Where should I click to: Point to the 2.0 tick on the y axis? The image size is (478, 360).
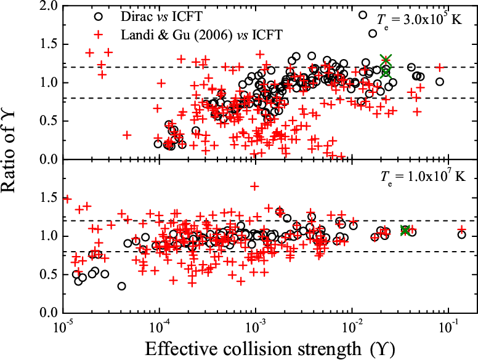point(48,6)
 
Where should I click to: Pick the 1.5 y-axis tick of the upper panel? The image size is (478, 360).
point(48,44)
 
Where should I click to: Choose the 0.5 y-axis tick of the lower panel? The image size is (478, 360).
point(48,274)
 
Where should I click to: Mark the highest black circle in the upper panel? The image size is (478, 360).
point(363,15)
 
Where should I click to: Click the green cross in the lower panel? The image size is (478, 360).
point(405,230)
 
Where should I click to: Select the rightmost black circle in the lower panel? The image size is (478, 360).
point(462,234)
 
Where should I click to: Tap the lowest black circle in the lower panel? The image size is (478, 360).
point(122,286)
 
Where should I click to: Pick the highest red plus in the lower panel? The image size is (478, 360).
point(254,185)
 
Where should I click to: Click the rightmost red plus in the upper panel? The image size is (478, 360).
point(440,67)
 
